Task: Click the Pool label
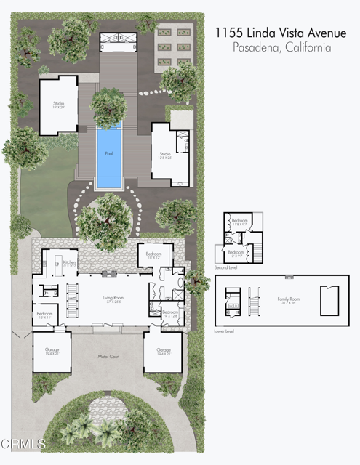[x=109, y=153]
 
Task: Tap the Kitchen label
[x=69, y=262]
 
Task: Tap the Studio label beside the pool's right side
[x=165, y=154]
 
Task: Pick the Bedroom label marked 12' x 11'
[x=44, y=314]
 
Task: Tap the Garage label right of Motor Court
[x=163, y=350]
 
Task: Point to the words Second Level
[x=225, y=268]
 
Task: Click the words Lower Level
[x=225, y=331]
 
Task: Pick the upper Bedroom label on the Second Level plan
[x=239, y=221]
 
